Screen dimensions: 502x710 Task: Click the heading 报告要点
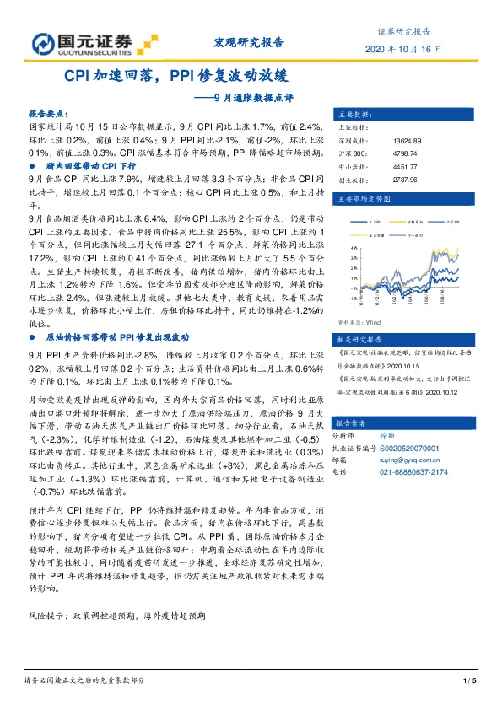click(49, 112)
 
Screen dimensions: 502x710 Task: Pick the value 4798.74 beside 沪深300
click(405, 153)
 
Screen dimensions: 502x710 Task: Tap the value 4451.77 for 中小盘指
click(405, 167)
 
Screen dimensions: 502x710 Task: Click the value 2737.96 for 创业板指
click(405, 180)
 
